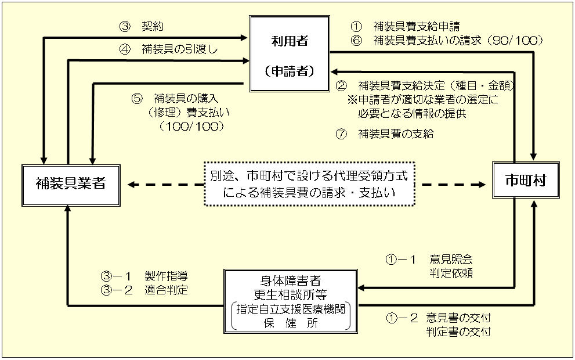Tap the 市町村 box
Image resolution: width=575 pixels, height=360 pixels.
(525, 182)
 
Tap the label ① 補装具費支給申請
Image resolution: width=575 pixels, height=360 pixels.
(405, 26)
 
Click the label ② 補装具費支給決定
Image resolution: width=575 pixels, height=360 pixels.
(425, 86)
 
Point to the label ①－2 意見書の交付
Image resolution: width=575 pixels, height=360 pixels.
(438, 319)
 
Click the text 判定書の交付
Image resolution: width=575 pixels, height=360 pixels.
(458, 332)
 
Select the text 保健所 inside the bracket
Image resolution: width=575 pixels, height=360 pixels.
(291, 322)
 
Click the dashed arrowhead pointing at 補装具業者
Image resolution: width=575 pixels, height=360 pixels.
(132, 185)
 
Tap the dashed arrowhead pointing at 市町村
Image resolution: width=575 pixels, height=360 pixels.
(481, 185)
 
